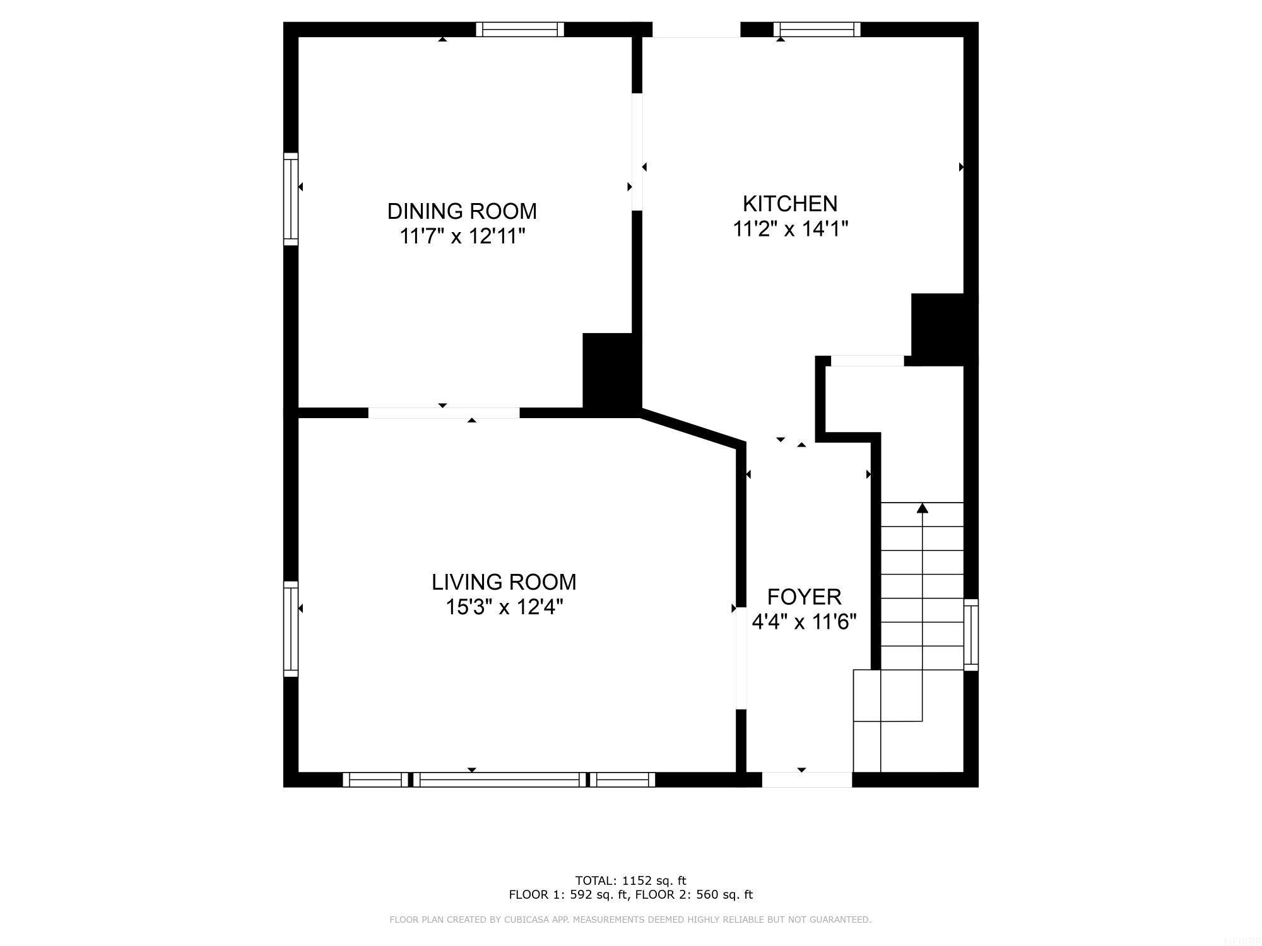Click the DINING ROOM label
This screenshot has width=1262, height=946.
point(462,211)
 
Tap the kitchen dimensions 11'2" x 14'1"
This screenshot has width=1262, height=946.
point(790,229)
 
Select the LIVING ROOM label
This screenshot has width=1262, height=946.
point(504,581)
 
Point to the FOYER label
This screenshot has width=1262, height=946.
point(804,597)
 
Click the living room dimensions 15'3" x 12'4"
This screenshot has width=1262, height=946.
point(504,607)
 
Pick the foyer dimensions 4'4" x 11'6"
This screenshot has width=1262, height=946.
point(804,622)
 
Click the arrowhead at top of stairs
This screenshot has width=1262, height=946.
point(923,508)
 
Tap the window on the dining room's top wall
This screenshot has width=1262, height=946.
point(520,30)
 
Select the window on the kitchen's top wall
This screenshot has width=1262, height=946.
point(817,30)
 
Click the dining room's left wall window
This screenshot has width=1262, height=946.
point(290,199)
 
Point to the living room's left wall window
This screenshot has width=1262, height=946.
point(290,629)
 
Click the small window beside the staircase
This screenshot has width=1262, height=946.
point(971,634)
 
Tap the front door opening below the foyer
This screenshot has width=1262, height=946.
point(806,780)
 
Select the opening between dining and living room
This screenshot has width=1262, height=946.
point(444,413)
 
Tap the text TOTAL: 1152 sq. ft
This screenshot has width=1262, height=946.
point(630,880)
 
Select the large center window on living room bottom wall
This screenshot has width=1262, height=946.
point(500,780)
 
